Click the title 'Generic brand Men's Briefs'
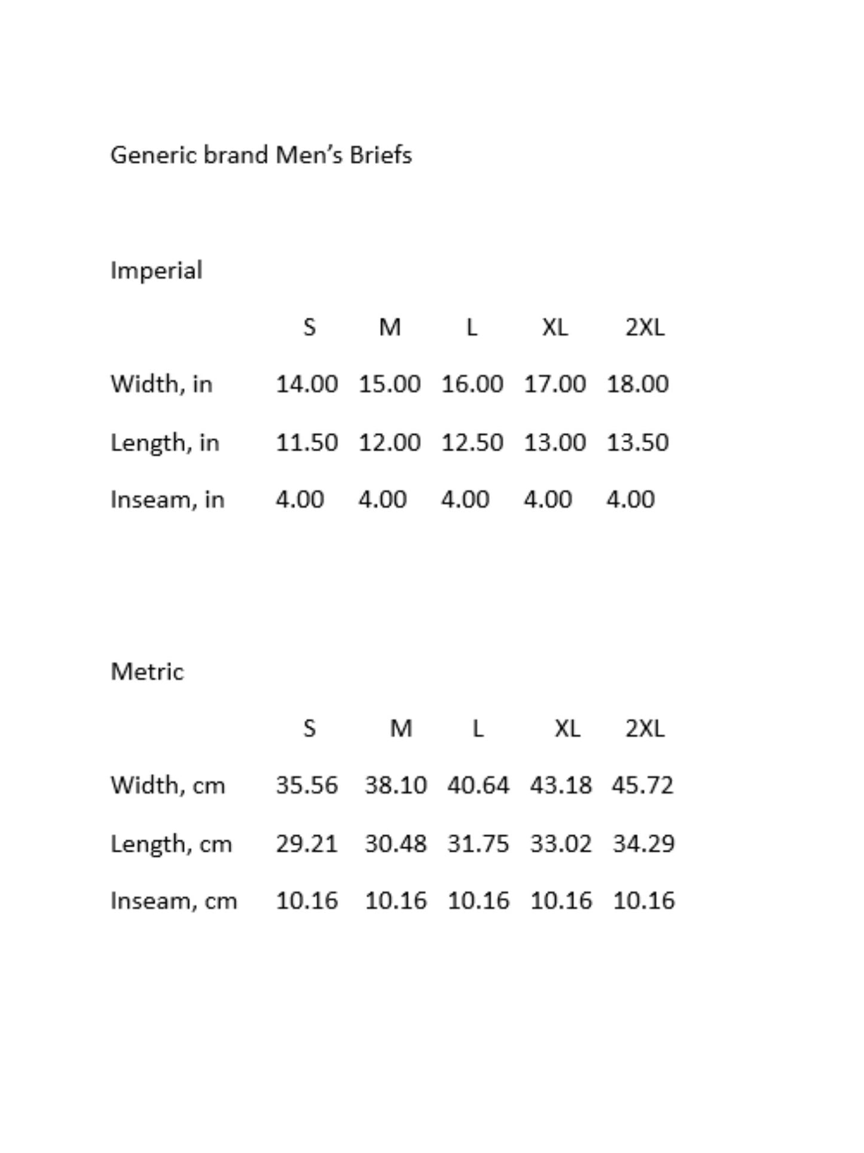coord(261,155)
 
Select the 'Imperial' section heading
coord(156,270)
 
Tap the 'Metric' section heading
coord(147,672)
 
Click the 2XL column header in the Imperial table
coord(645,327)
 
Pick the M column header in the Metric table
coord(401,728)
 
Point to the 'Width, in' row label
coord(161,384)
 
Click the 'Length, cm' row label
coord(171,844)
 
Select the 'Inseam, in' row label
coord(167,499)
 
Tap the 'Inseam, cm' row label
coord(173,901)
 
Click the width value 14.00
coord(307,384)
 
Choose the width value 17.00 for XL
coord(554,384)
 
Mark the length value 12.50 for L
coord(472,443)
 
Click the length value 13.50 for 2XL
coord(637,443)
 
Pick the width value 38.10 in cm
coord(396,785)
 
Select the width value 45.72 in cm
coord(642,785)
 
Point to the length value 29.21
coord(307,844)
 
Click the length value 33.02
coord(560,844)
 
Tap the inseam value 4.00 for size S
coord(300,499)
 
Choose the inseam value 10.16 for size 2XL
coord(643,901)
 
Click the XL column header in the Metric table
coord(567,728)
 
